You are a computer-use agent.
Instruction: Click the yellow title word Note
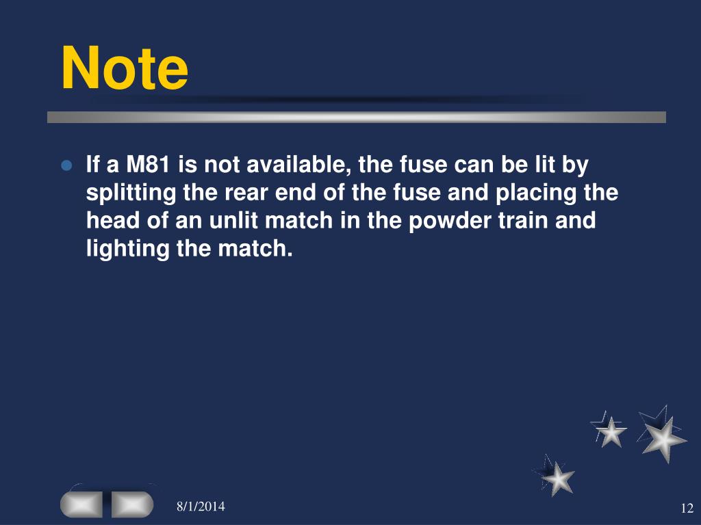pos(125,69)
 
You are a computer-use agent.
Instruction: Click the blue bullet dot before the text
pos(66,166)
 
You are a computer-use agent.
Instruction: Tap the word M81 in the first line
pos(147,165)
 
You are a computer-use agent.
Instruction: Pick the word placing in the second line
pos(541,193)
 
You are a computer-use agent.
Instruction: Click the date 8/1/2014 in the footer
pos(201,507)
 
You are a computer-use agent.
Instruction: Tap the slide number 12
pos(687,508)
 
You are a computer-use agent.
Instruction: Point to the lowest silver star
pos(558,477)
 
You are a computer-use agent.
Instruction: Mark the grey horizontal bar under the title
pos(356,118)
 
